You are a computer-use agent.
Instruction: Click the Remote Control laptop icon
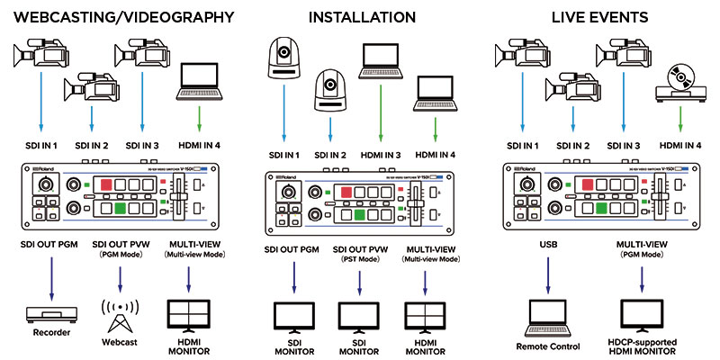(547, 313)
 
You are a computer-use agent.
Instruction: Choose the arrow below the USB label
(547, 275)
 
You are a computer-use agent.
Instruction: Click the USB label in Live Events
(547, 244)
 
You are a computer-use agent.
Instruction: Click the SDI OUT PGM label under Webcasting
(51, 244)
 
